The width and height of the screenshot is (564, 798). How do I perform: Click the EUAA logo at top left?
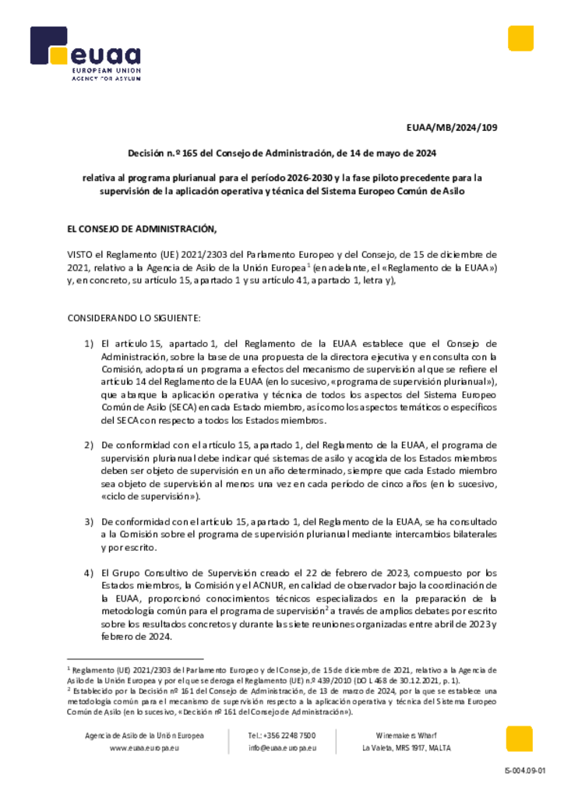click(x=85, y=55)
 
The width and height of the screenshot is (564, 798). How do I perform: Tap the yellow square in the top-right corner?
click(x=520, y=38)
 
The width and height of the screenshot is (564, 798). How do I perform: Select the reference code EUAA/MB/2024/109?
click(x=451, y=128)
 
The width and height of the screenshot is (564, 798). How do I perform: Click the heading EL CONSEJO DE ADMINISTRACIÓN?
click(x=142, y=229)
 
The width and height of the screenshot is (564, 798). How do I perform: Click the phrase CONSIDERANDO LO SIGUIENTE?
click(x=134, y=318)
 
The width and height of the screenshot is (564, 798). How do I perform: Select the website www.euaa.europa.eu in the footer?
click(x=145, y=748)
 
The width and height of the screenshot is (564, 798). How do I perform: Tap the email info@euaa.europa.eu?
click(x=282, y=748)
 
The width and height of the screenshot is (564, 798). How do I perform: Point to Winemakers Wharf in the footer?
click(x=406, y=736)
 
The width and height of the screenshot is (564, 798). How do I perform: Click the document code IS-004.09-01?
click(x=526, y=772)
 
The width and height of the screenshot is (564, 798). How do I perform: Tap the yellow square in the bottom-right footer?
click(x=520, y=739)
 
